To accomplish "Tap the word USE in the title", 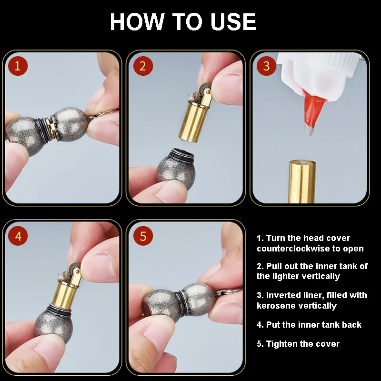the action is point(233,21).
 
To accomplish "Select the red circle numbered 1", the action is point(18,66).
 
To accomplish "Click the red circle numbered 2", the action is point(143,66).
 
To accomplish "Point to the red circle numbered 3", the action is point(266,66).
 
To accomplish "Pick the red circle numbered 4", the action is point(18,236).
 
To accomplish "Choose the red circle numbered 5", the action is point(143,236).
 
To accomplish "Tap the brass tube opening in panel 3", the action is point(302,163).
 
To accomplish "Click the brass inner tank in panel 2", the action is point(192,121).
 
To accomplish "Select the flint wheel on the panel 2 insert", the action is point(206,88).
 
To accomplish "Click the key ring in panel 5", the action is point(229,291).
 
